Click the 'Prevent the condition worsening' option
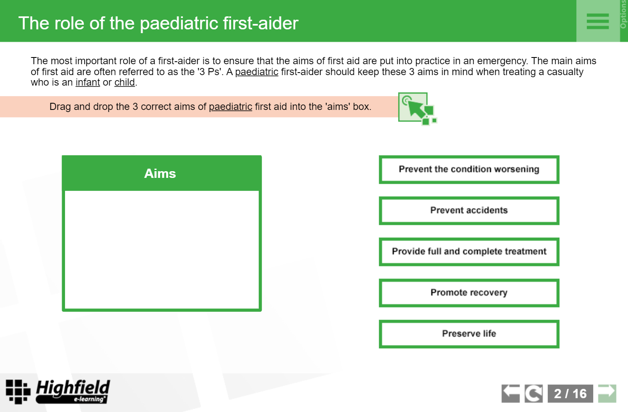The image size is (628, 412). pos(469,169)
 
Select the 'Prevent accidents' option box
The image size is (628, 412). pos(469,210)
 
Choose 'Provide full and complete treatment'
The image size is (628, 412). pos(469,252)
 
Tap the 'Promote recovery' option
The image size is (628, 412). pos(469,292)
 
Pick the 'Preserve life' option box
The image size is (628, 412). pos(469,334)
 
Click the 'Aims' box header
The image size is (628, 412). pos(162,173)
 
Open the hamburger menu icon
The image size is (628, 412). pos(598,21)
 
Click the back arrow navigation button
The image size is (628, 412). pos(511,394)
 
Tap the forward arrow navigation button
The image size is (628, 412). pos(607,394)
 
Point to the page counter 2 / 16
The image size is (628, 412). pos(570,394)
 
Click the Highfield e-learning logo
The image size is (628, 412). pos(58,391)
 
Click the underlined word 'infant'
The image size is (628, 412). pos(88,83)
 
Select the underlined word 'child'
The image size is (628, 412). pos(125,83)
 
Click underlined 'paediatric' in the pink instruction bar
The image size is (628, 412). pos(230,107)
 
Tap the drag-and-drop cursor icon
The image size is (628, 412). pos(417,109)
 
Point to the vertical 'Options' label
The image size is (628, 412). pos(623,14)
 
